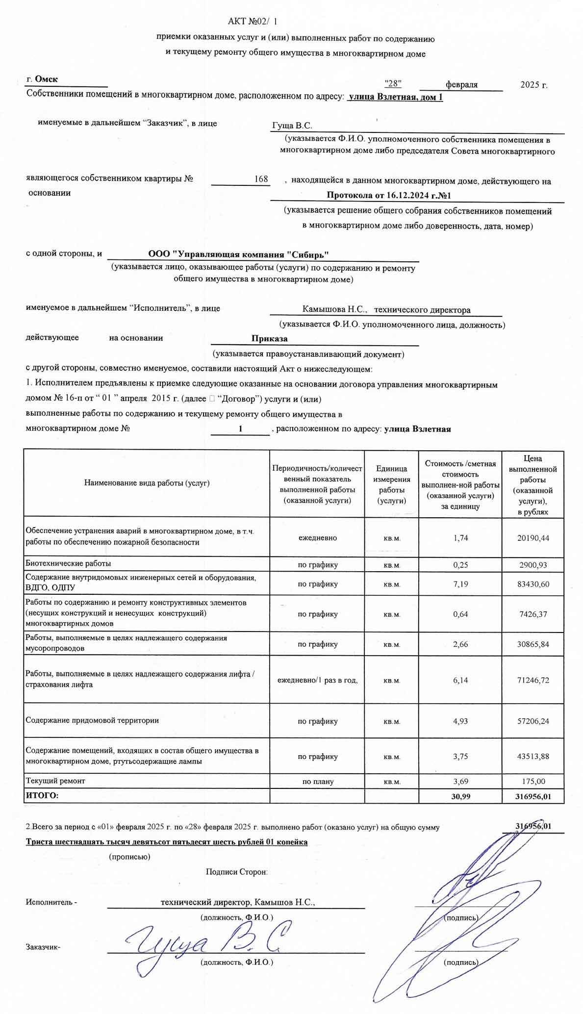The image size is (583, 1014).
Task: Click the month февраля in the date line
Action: tap(461, 84)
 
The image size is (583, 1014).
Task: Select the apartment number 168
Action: tap(261, 179)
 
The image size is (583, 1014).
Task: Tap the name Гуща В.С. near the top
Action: tap(292, 126)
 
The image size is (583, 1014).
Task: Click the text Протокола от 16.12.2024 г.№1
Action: tap(388, 196)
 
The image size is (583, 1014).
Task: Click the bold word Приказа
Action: tap(269, 338)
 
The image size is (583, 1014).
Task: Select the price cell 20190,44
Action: tap(533, 538)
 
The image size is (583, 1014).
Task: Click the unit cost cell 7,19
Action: tap(460, 584)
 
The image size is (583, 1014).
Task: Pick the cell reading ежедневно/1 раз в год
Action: tap(317, 680)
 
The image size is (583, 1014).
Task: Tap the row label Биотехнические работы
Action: tap(68, 563)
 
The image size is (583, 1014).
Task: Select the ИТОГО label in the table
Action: tap(42, 795)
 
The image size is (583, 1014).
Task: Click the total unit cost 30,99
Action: tap(460, 796)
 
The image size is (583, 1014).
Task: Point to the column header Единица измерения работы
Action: tap(391, 484)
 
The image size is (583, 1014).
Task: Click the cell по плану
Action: tap(317, 782)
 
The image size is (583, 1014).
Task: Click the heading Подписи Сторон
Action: tap(236, 872)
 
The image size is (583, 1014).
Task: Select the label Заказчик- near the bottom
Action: tap(43, 947)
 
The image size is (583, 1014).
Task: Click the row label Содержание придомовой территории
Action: tap(92, 720)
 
